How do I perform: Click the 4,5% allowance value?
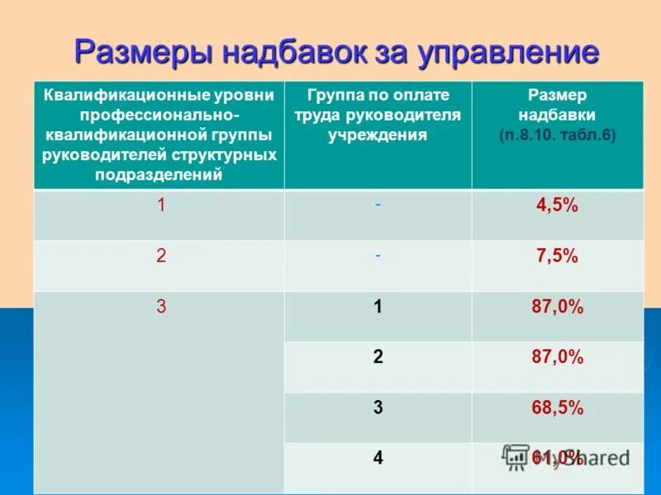pos(558,206)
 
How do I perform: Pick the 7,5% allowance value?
pos(558,257)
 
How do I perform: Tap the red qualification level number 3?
pos(162,307)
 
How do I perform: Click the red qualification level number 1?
pos(162,206)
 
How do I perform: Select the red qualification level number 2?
pos(162,257)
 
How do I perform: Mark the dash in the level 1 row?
pos(378,206)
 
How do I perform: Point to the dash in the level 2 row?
pos(378,257)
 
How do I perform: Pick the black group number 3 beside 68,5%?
pos(378,408)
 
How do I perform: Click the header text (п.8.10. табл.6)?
pos(558,135)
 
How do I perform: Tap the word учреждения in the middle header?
pos(378,135)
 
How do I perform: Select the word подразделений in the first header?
pos(159,174)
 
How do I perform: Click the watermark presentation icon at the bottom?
pos(516,455)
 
